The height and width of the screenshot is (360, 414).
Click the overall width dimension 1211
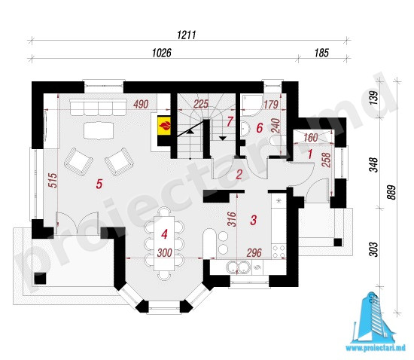pyautogui.click(x=187, y=35)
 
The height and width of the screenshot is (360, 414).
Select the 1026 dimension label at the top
pyautogui.click(x=162, y=53)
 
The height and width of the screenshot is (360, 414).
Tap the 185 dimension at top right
pyautogui.click(x=321, y=53)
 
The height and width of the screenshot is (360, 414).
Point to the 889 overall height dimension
pyautogui.click(x=392, y=192)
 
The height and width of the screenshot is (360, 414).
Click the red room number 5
pyautogui.click(x=99, y=184)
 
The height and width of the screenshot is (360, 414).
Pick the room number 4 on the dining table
pyautogui.click(x=164, y=234)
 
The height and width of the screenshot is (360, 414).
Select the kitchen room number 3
pyautogui.click(x=253, y=220)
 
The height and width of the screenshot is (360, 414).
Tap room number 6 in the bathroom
pyautogui.click(x=260, y=128)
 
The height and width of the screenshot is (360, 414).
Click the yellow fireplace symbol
pyautogui.click(x=164, y=126)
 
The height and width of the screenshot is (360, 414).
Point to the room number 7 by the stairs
pyautogui.click(x=230, y=122)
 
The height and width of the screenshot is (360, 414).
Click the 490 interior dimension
pyautogui.click(x=141, y=105)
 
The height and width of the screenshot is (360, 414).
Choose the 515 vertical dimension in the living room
pyautogui.click(x=53, y=181)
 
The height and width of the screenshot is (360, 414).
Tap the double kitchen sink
pyautogui.click(x=238, y=267)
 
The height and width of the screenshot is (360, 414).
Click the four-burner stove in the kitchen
pyautogui.click(x=279, y=251)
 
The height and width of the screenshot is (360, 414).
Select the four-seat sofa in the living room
pyautogui.click(x=98, y=108)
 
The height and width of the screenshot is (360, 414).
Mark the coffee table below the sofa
pyautogui.click(x=99, y=130)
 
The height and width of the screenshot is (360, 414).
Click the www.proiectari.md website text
pyautogui.click(x=376, y=349)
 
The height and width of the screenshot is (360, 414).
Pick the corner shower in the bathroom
pyautogui.click(x=252, y=106)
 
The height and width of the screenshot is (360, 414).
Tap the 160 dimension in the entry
pyautogui.click(x=310, y=138)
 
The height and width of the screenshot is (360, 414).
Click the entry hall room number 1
pyautogui.click(x=310, y=154)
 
